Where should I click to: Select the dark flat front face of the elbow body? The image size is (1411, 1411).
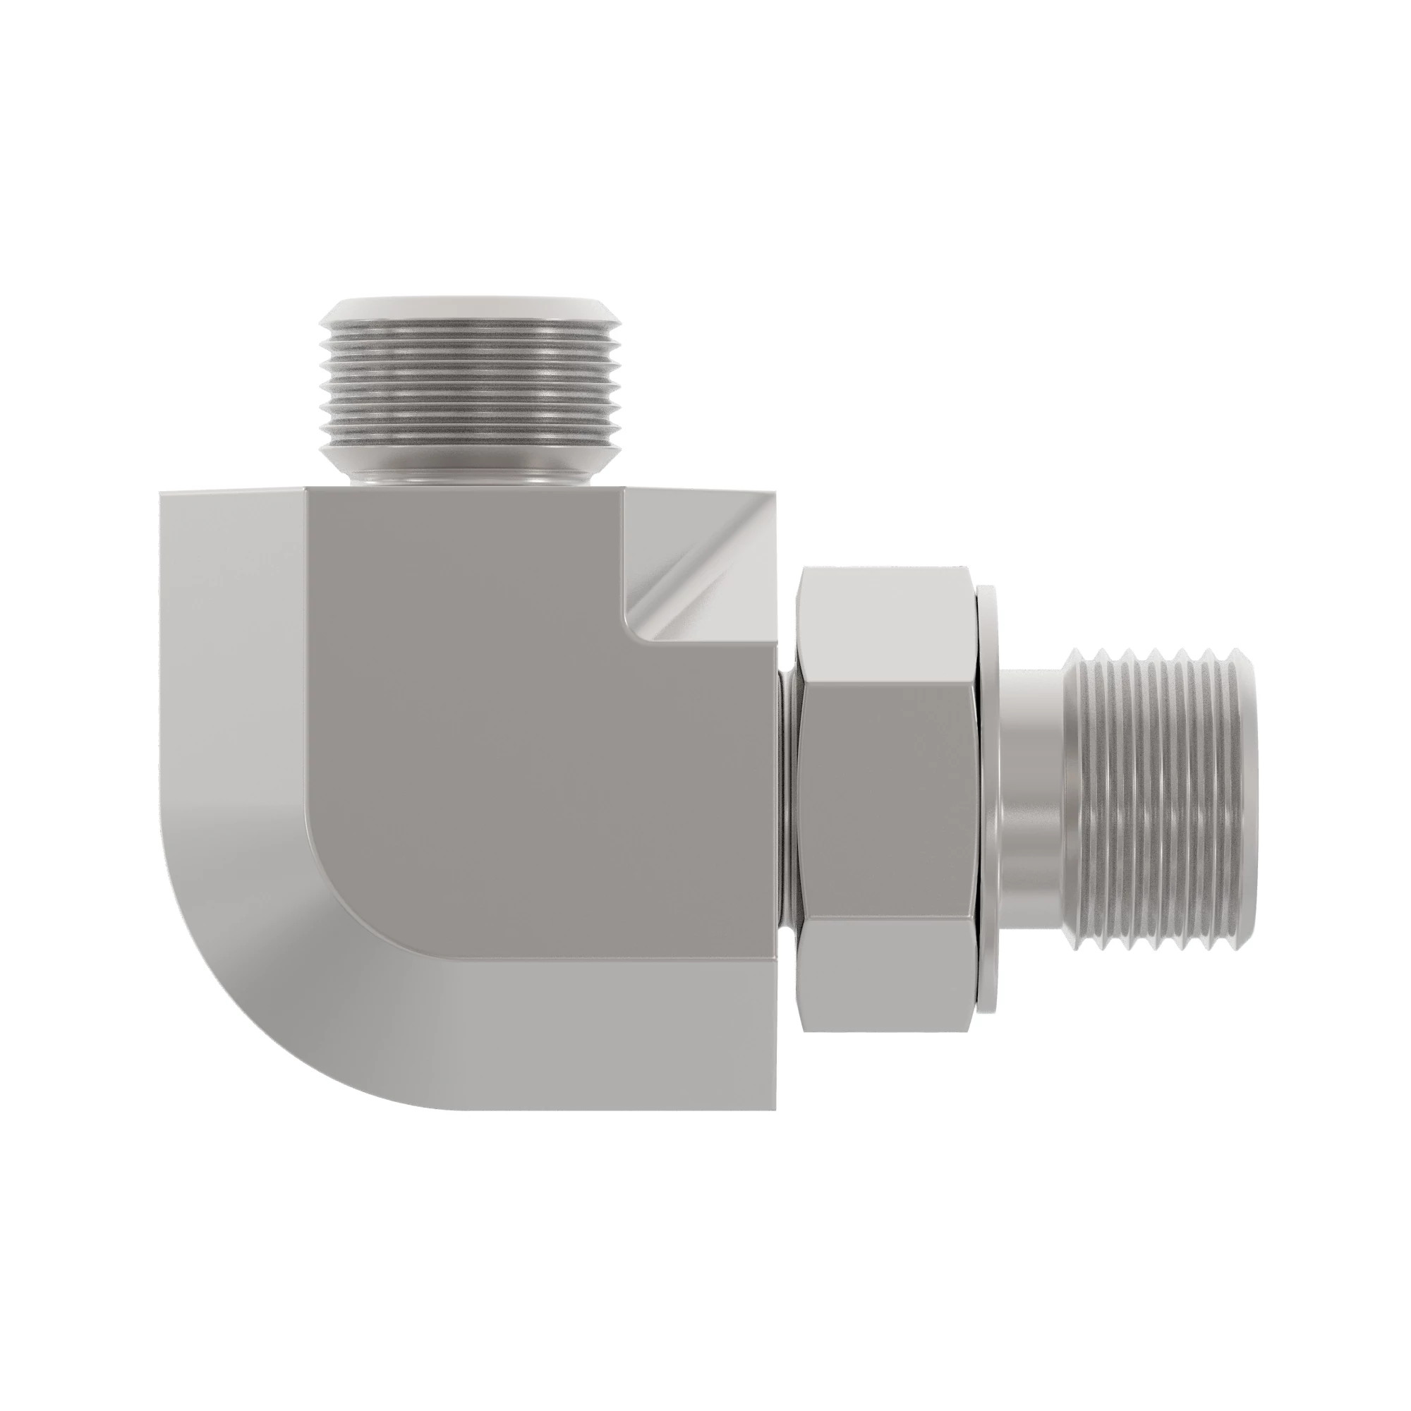[x=511, y=730]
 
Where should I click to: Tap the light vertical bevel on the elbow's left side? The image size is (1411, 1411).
[x=234, y=658]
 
